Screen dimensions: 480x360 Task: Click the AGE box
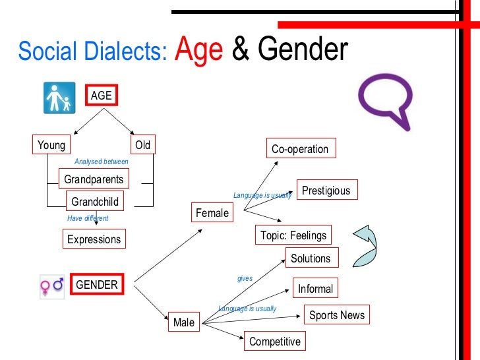(x=101, y=96)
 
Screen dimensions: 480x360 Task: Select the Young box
(x=51, y=145)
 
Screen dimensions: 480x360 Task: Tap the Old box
(x=142, y=145)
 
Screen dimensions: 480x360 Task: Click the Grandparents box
(x=93, y=179)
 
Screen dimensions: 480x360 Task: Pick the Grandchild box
(x=95, y=201)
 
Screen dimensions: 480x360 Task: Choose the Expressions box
(x=94, y=239)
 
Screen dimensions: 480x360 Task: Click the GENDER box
(x=97, y=285)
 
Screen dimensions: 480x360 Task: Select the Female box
(x=212, y=213)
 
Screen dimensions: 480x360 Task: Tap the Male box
(x=184, y=322)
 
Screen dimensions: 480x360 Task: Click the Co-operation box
(x=300, y=149)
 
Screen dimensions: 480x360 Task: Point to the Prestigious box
(x=326, y=191)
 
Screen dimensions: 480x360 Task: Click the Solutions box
(x=311, y=258)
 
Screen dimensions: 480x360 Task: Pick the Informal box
(x=315, y=289)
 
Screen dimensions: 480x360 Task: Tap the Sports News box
(x=337, y=315)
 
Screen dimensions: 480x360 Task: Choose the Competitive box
(x=274, y=342)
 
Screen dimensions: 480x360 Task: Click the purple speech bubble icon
(x=384, y=100)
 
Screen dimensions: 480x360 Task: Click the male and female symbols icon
(x=52, y=285)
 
